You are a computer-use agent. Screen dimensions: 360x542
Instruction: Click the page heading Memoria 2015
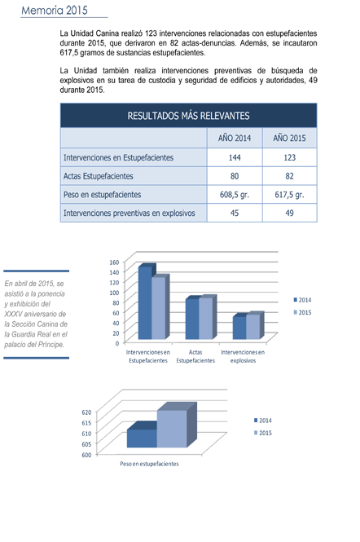point(55,10)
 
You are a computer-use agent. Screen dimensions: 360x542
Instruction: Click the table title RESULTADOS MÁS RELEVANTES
point(188,116)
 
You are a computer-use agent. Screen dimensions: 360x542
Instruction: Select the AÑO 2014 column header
point(235,139)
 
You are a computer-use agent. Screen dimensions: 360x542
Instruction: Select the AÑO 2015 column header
point(289,139)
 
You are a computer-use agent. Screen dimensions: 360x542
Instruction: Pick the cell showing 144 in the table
point(235,157)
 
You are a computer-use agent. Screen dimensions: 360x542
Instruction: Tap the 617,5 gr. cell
point(289,195)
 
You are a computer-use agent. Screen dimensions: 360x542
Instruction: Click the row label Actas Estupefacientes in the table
point(98,176)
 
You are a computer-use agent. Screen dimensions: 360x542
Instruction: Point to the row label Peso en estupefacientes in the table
point(103,195)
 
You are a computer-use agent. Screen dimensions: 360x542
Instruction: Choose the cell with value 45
point(235,213)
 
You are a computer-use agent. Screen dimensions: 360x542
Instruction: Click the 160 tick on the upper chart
point(114,262)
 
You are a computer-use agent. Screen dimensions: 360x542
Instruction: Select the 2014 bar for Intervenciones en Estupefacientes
point(145,302)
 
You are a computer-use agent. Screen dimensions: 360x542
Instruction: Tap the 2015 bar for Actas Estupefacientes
point(206,318)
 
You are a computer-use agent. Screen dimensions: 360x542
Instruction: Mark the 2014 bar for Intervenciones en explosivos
point(239,328)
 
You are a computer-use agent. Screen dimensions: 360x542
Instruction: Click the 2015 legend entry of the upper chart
point(302,312)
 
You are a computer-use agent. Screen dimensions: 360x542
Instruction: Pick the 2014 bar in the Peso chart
point(142,438)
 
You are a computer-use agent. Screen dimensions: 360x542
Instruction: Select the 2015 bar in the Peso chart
point(172,429)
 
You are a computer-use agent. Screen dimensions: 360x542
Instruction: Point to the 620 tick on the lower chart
point(86,412)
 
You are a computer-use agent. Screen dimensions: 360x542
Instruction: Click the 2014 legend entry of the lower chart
point(263,421)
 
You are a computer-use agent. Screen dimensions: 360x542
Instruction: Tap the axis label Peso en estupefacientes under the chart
point(149,464)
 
